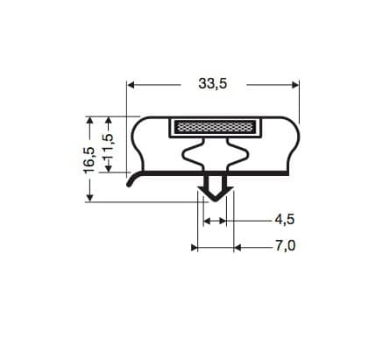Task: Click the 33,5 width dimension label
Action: click(213, 84)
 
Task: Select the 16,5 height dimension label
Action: click(89, 159)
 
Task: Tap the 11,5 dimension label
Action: click(109, 145)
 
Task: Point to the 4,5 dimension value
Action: click(284, 220)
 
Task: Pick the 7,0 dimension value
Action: click(285, 245)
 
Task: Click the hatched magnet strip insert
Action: click(214, 127)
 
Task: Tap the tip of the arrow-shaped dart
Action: click(216, 201)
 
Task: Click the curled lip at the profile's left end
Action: click(132, 180)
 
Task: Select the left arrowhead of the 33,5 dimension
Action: click(131, 85)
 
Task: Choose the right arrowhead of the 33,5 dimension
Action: click(295, 85)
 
